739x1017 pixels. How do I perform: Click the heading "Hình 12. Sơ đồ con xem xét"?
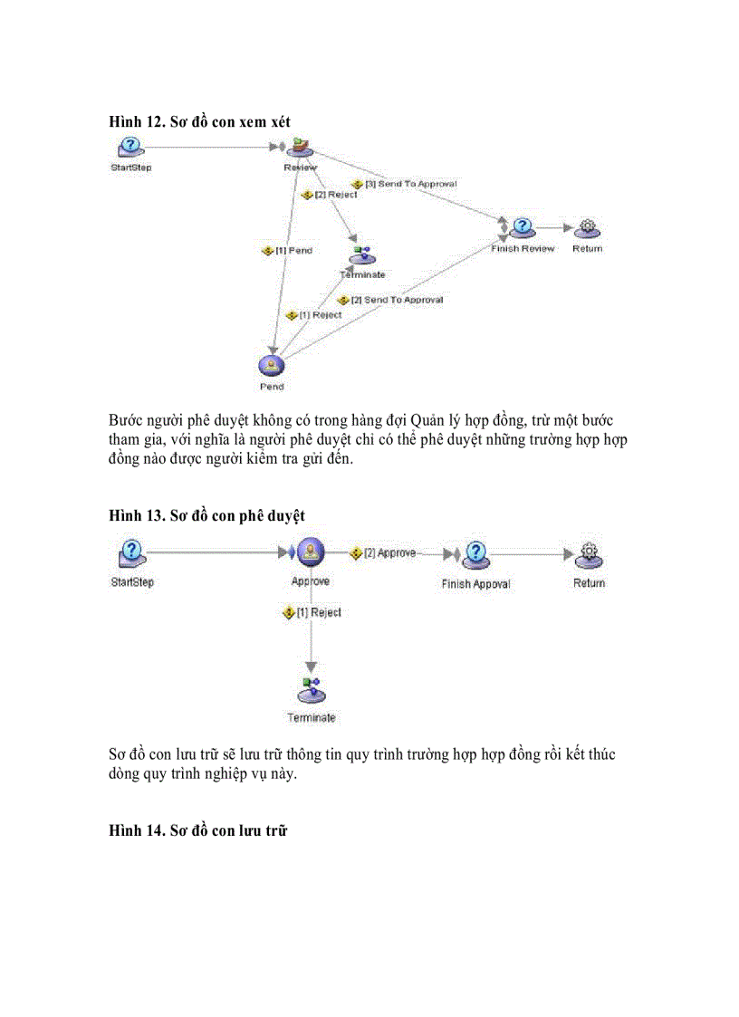point(199,120)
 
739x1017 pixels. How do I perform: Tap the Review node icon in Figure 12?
point(300,147)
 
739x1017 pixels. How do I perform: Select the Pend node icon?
point(271,364)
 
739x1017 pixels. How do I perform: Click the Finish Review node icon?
point(522,227)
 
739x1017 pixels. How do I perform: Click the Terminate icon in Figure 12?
point(362,255)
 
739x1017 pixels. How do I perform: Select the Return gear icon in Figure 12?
point(587,227)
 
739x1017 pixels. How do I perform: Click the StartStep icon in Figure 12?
point(130,147)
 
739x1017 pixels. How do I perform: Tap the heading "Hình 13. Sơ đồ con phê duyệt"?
point(206,514)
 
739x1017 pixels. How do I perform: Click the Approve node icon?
point(311,553)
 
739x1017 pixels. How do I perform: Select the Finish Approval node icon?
point(476,554)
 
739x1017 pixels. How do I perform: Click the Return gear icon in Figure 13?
point(589,554)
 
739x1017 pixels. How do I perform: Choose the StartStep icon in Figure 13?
point(132,553)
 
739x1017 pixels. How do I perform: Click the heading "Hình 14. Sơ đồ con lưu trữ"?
point(197,830)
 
